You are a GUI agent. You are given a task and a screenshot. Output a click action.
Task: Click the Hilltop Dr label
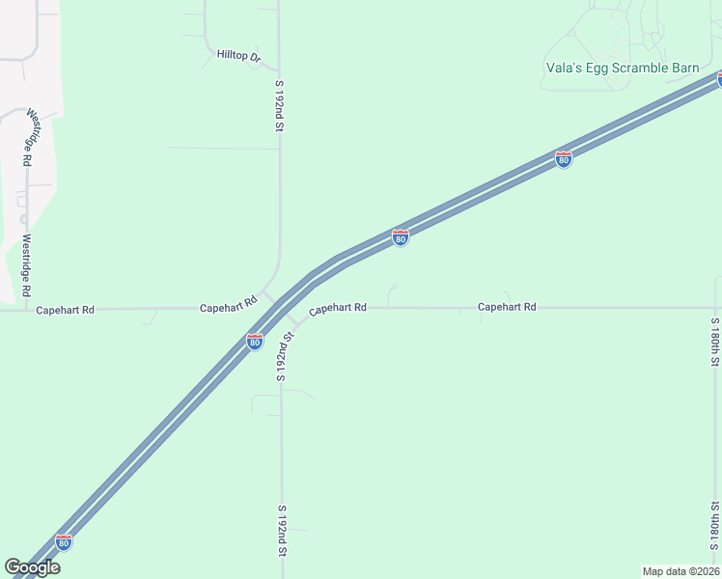(238, 56)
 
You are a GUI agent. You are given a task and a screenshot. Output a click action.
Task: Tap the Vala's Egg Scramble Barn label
(620, 68)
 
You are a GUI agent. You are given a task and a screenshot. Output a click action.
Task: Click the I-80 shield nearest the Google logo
(64, 542)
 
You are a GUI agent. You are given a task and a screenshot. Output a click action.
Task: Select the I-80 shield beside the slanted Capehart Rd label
(254, 342)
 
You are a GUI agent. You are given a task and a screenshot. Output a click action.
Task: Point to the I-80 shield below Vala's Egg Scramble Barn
(564, 159)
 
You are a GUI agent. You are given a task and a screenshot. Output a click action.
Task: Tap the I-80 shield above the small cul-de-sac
(400, 237)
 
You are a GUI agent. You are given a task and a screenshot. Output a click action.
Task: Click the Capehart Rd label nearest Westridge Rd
(65, 311)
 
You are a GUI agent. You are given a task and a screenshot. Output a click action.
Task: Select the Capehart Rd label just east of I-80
(338, 308)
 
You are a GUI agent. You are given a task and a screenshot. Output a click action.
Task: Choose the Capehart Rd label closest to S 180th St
(507, 307)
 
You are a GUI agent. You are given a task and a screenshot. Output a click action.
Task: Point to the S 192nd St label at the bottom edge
(282, 530)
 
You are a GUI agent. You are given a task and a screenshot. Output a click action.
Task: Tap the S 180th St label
(715, 342)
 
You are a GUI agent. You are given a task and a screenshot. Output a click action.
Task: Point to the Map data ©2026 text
(680, 570)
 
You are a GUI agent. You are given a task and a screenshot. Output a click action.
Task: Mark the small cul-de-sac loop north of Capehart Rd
(392, 288)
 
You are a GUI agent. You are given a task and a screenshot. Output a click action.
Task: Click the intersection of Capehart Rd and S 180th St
(715, 308)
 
